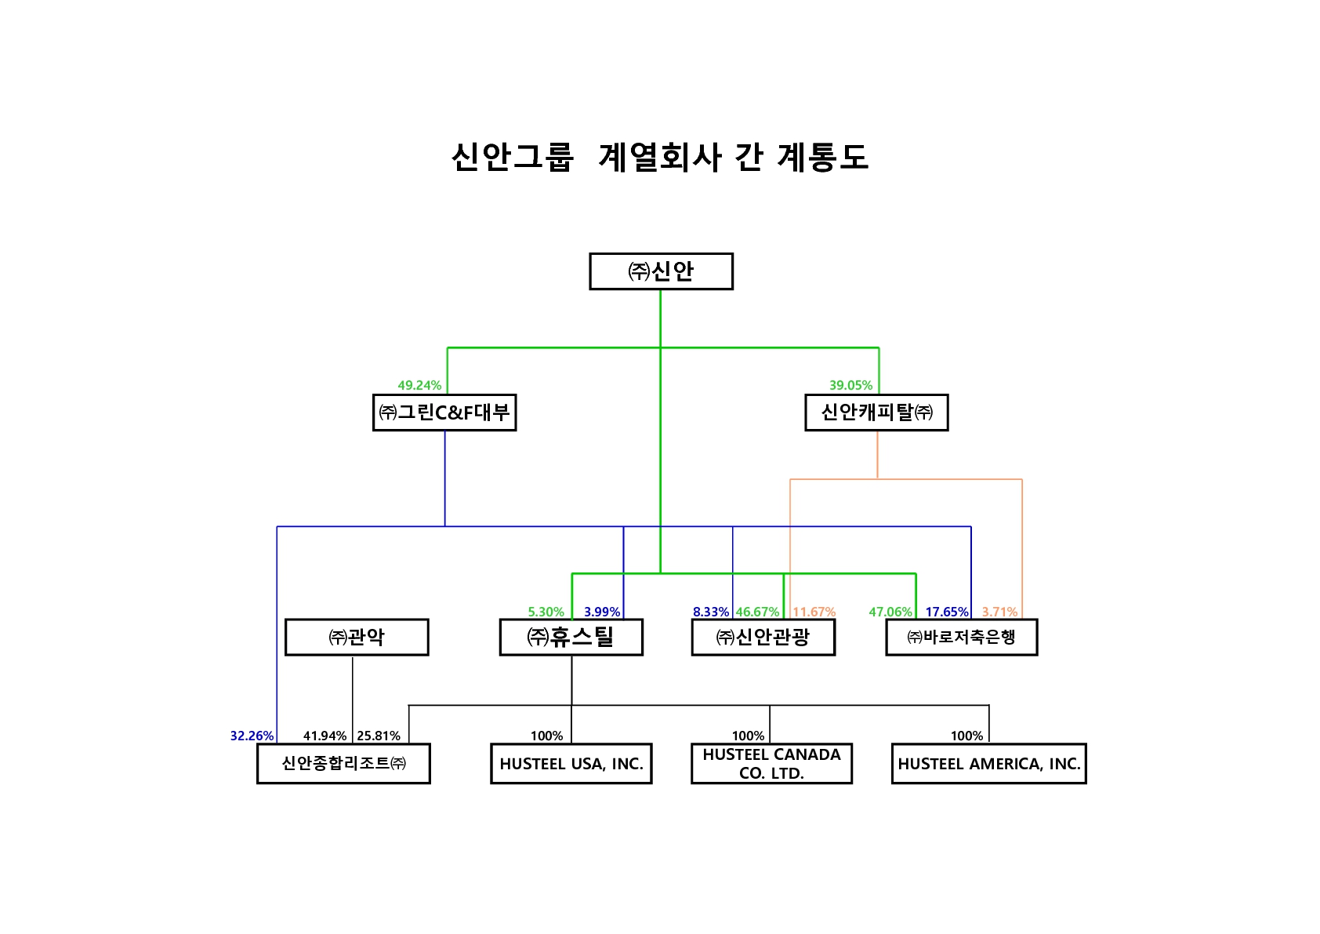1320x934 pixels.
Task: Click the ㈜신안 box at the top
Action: point(661,271)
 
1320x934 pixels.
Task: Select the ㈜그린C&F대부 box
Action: point(444,412)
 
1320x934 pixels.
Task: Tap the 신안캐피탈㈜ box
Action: point(876,412)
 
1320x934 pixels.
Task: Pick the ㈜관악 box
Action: point(357,637)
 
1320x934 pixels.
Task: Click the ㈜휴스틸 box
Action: point(571,637)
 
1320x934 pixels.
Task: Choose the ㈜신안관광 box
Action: point(763,637)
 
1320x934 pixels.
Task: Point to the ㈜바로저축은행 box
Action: point(961,637)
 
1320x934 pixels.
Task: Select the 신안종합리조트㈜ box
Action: point(343,763)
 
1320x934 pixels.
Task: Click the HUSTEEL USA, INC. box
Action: point(571,764)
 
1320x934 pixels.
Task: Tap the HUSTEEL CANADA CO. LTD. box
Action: point(771,764)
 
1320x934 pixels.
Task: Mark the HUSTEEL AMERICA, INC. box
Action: point(988,764)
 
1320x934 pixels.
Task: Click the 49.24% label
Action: point(419,385)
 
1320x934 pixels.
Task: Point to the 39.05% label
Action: point(850,385)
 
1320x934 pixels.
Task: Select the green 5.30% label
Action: point(546,612)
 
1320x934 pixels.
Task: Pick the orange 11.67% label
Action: point(814,612)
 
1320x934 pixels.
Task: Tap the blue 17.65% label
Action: point(947,612)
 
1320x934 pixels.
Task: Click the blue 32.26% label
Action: point(252,736)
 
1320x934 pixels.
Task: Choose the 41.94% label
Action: point(325,736)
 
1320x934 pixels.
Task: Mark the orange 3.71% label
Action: point(999,612)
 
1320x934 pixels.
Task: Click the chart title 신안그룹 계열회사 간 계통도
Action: point(660,157)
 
